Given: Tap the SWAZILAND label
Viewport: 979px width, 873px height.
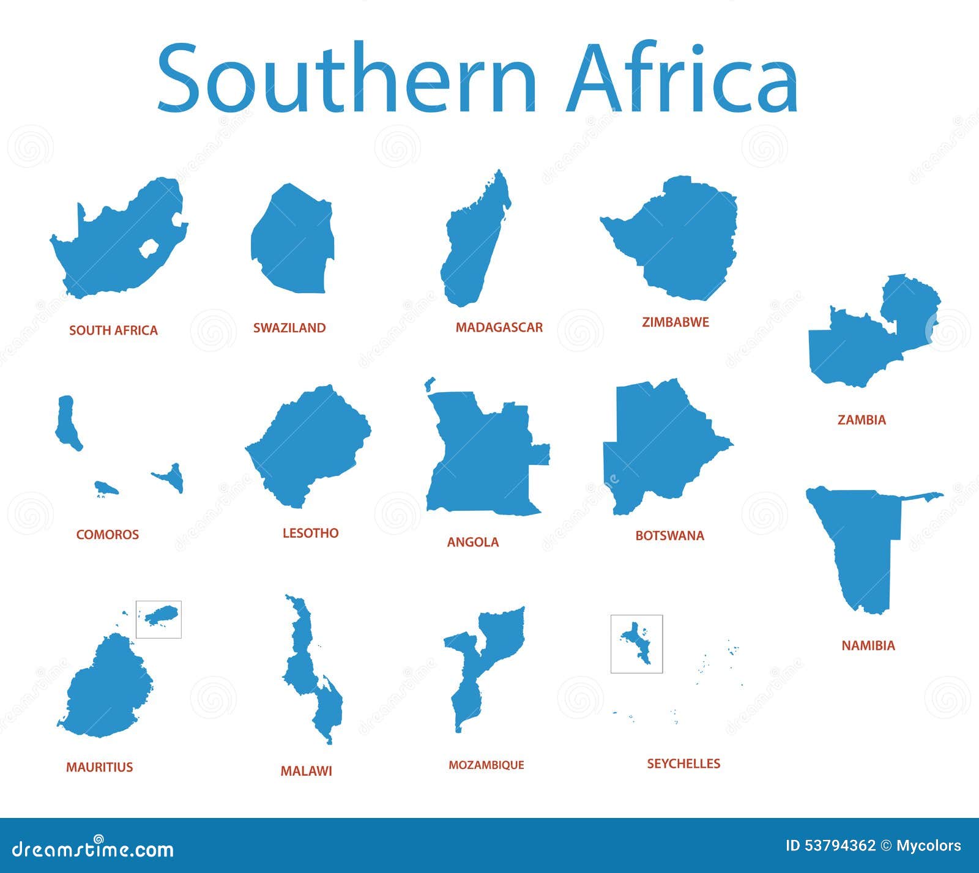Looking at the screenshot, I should pyautogui.click(x=289, y=328).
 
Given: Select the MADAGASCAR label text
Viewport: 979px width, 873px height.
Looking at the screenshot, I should pyautogui.click(x=499, y=328).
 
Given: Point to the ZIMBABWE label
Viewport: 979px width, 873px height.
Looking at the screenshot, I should pyautogui.click(x=675, y=322).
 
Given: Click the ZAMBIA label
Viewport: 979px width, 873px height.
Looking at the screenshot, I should pyautogui.click(x=862, y=420).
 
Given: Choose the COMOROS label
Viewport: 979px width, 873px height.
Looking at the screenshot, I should pyautogui.click(x=108, y=535).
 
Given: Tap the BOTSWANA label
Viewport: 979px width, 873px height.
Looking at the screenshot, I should pyautogui.click(x=669, y=536).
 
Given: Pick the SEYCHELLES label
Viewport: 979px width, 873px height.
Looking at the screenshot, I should pyautogui.click(x=683, y=763).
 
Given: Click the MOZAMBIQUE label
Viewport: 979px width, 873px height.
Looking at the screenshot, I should pyautogui.click(x=486, y=765).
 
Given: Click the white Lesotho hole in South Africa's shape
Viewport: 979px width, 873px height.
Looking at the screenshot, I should pyautogui.click(x=149, y=248).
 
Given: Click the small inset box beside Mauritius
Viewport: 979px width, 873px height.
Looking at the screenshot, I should pyautogui.click(x=158, y=619).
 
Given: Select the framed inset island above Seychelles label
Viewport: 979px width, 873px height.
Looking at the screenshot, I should pyautogui.click(x=636, y=644).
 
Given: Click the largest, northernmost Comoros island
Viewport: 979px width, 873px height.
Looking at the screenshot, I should pyautogui.click(x=67, y=422).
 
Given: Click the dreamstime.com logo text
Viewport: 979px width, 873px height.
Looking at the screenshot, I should pyautogui.click(x=93, y=849).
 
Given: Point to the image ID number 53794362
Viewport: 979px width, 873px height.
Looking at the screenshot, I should pyautogui.click(x=839, y=845).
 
